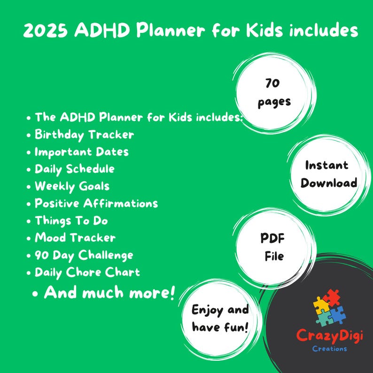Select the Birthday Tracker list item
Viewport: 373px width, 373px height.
tap(84, 135)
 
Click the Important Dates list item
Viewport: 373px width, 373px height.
tap(81, 152)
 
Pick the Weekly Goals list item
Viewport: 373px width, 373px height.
tap(72, 186)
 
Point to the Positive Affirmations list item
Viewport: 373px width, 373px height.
tap(96, 203)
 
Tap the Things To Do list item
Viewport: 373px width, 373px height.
tap(71, 220)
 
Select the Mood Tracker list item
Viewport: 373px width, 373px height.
tap(75, 238)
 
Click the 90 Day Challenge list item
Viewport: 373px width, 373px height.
tap(84, 255)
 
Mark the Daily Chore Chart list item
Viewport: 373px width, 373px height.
tap(87, 272)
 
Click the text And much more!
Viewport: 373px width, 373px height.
tap(109, 293)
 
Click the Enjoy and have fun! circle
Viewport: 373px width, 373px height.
tap(220, 318)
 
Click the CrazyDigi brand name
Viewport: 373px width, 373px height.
tap(329, 336)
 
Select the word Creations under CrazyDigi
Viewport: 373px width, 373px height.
tap(329, 349)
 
